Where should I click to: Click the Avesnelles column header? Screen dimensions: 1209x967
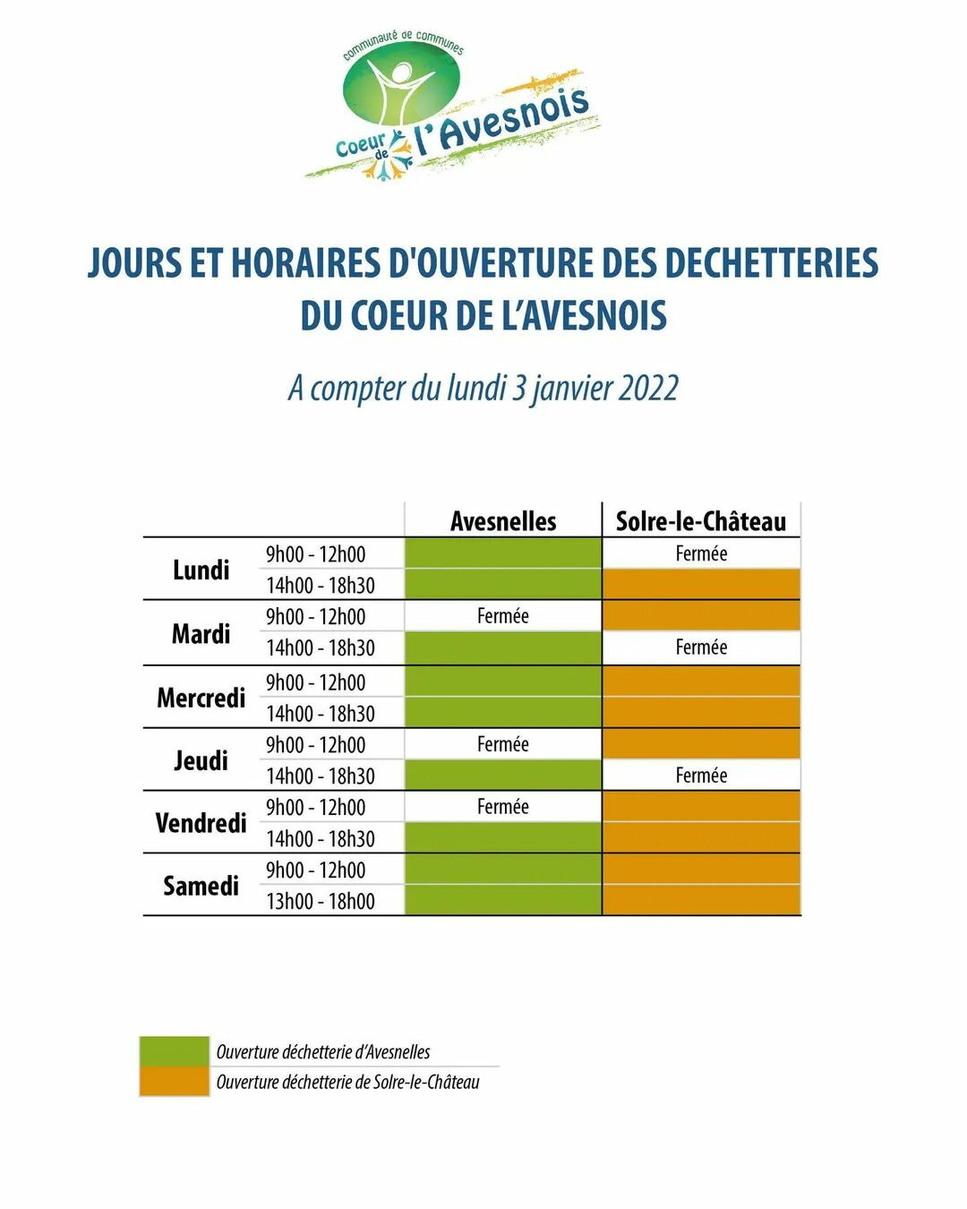(x=503, y=521)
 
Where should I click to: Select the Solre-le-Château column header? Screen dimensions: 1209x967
(x=701, y=521)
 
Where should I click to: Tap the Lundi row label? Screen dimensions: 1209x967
(x=201, y=570)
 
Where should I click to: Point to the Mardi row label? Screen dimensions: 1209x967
(x=201, y=633)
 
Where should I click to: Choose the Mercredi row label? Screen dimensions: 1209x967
(x=201, y=697)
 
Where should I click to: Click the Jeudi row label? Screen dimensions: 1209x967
(x=201, y=760)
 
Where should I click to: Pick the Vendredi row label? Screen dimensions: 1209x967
(x=201, y=822)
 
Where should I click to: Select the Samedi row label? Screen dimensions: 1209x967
(x=201, y=886)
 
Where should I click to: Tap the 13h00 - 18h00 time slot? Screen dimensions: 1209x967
(x=320, y=901)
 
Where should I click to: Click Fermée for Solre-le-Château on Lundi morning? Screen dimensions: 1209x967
(x=701, y=553)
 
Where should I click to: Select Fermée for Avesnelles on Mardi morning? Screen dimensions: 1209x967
(x=503, y=616)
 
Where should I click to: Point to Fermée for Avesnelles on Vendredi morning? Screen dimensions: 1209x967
(x=503, y=807)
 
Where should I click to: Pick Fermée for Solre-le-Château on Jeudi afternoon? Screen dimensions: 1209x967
(x=701, y=776)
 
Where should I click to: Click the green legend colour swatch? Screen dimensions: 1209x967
(x=174, y=1050)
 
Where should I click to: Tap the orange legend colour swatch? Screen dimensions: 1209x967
(x=174, y=1081)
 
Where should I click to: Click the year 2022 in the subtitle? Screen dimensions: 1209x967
(x=647, y=389)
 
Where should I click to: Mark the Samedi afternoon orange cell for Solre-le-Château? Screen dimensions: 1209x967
(x=701, y=900)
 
